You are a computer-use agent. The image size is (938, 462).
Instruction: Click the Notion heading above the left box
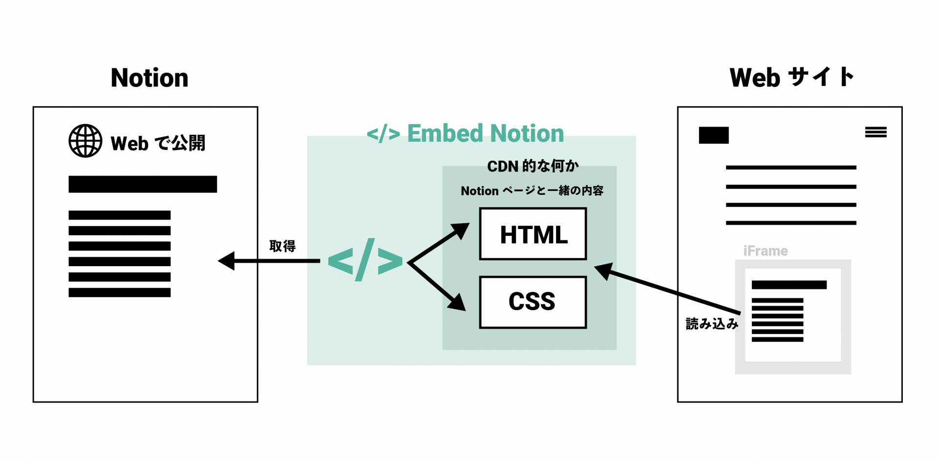(149, 78)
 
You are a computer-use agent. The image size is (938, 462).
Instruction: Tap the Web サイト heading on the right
(791, 77)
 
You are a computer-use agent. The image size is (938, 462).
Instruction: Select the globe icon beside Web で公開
(85, 141)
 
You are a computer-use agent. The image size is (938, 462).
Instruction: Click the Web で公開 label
(158, 144)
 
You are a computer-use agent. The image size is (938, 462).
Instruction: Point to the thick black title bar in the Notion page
(143, 184)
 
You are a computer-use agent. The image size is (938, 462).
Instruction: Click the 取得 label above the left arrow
(282, 246)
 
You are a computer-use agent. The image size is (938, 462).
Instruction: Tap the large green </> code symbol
(365, 260)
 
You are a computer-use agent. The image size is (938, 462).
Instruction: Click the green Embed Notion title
(466, 133)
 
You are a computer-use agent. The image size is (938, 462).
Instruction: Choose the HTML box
(533, 234)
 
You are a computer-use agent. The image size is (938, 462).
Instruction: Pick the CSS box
(533, 302)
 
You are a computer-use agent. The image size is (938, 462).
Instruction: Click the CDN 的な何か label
(533, 166)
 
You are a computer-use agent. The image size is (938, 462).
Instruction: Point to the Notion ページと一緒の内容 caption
(532, 190)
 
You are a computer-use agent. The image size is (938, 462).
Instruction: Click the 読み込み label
(712, 323)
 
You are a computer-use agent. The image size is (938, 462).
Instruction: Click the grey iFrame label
(766, 251)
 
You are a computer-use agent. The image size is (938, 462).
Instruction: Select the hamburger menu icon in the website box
(875, 132)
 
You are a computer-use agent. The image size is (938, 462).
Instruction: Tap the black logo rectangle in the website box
(714, 135)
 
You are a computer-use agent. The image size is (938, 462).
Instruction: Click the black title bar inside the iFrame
(789, 285)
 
